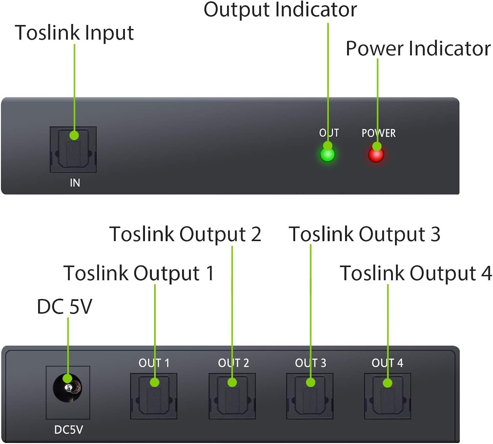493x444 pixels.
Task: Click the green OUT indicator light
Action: tap(327, 155)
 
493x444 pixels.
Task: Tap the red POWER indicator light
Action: tap(376, 155)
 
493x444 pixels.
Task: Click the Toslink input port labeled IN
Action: tap(73, 149)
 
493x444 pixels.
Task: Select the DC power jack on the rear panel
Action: tap(68, 388)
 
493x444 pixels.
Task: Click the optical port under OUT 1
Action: tap(154, 396)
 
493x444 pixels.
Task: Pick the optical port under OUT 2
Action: tap(232, 396)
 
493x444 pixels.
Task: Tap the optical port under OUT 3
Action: tap(310, 396)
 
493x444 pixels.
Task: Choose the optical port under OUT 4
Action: tap(387, 396)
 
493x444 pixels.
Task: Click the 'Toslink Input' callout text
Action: tap(74, 33)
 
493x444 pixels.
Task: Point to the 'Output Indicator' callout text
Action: tap(280, 10)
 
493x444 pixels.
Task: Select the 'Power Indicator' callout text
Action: tap(418, 49)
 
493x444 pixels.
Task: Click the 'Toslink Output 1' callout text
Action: tap(139, 273)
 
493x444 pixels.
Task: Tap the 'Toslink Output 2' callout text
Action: tap(185, 234)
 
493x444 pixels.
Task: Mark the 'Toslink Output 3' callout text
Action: tap(364, 234)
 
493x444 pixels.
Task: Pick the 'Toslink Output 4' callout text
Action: tap(415, 273)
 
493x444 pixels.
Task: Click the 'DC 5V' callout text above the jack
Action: tap(64, 307)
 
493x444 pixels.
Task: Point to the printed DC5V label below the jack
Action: tap(68, 430)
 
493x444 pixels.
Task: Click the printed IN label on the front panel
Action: tap(75, 183)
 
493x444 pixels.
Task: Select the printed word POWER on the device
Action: tap(379, 133)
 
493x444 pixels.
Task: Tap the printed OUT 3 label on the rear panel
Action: tap(310, 363)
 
